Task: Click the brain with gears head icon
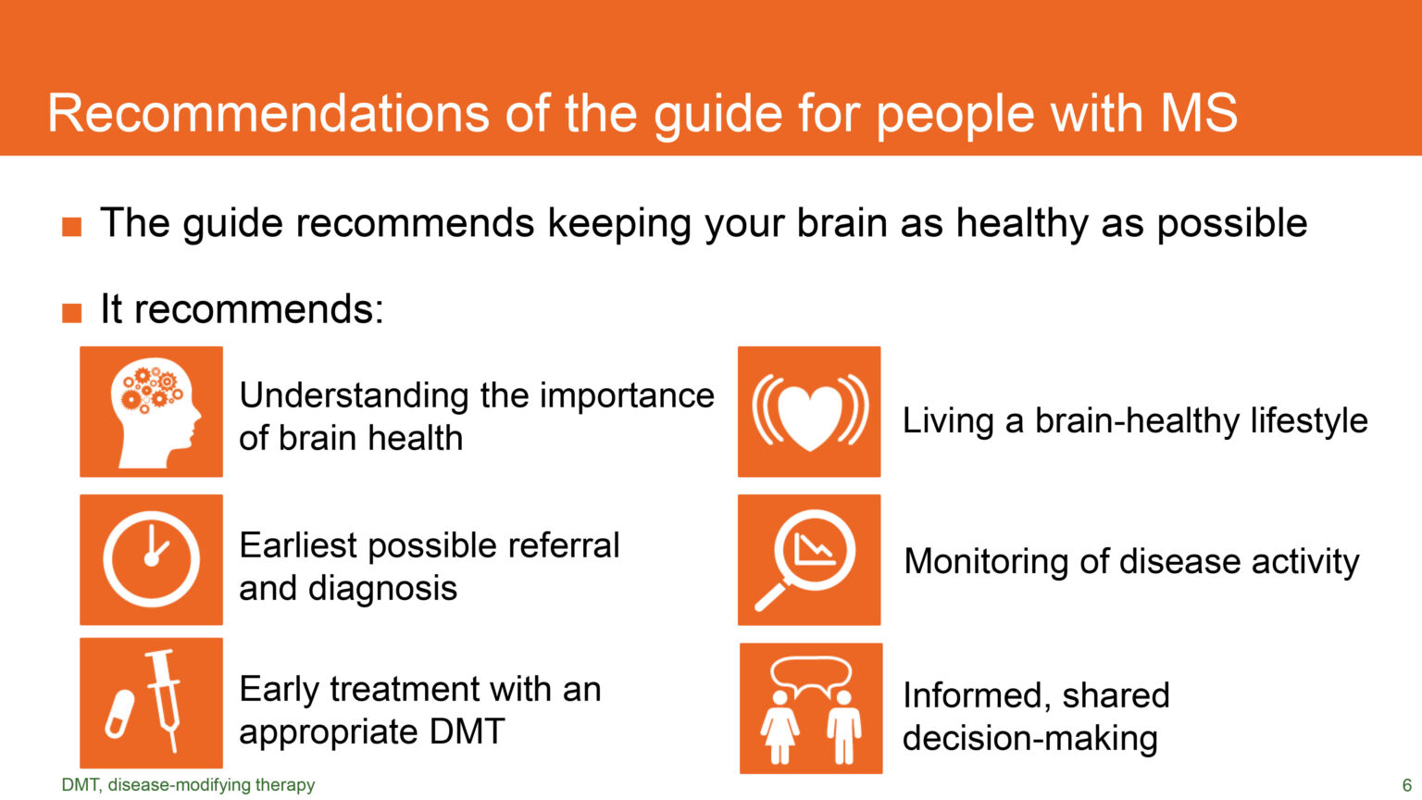[153, 411]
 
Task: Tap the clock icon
[151, 559]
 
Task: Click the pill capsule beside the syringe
[119, 714]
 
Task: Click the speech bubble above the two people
[811, 675]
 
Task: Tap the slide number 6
[1406, 785]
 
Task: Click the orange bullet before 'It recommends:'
[72, 312]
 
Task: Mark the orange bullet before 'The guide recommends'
[72, 226]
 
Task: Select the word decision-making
[1029, 738]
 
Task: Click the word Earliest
[297, 545]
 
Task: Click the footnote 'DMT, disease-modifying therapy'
[188, 785]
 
